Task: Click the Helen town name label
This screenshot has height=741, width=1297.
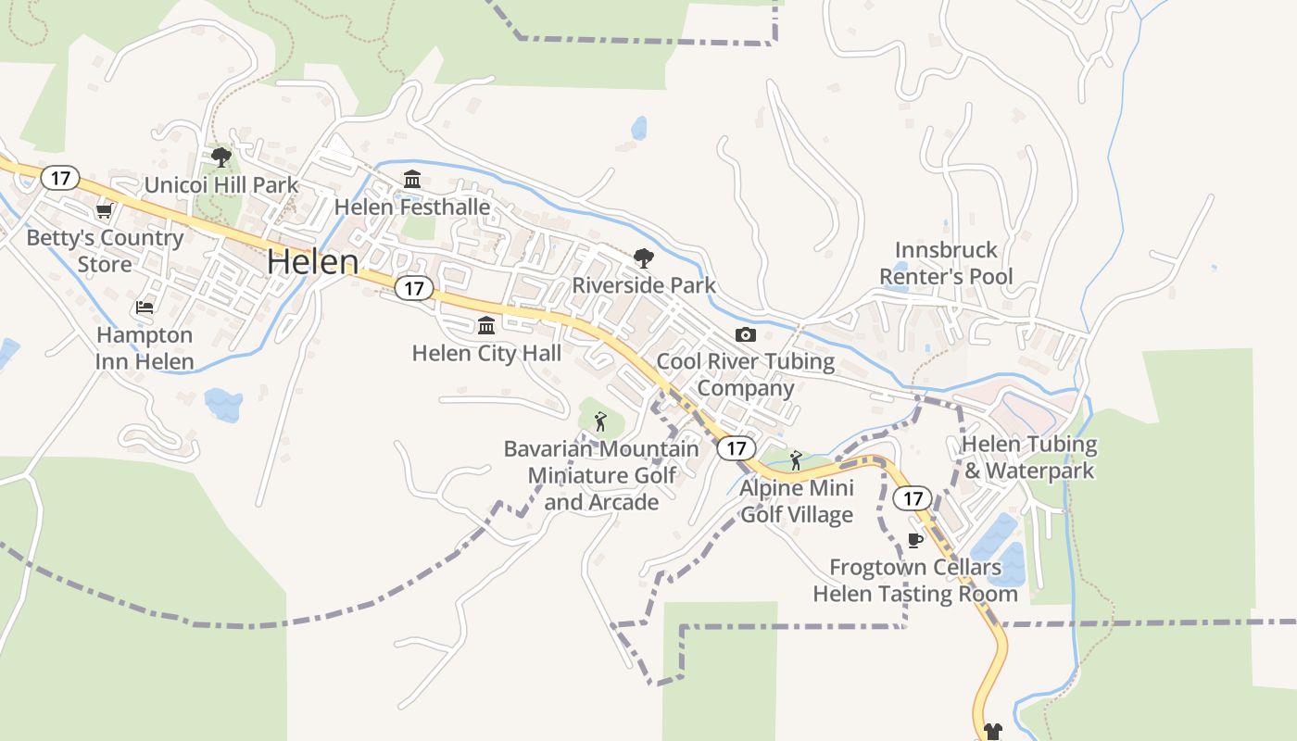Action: tap(312, 262)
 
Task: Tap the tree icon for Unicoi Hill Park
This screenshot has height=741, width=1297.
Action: tap(220, 157)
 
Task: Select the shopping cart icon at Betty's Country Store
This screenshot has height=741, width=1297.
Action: tap(104, 211)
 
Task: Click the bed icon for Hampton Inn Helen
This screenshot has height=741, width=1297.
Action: tap(145, 307)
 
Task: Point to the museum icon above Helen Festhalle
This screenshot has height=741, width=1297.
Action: tap(412, 179)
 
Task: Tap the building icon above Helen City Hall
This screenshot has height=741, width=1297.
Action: tap(486, 325)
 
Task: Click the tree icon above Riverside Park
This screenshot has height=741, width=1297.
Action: tap(643, 258)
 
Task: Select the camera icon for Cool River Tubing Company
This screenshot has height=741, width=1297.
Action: tap(746, 334)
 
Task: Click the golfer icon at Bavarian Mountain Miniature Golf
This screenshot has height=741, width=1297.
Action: tap(600, 421)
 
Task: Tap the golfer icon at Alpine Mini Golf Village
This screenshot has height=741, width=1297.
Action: tap(796, 459)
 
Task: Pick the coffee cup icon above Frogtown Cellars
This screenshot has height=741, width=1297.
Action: tap(914, 540)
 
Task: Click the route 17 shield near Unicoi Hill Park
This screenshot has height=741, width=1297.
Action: tap(60, 178)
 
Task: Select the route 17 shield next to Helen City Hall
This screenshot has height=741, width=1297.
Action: tap(414, 288)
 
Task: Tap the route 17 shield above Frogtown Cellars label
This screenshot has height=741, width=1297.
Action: tap(913, 498)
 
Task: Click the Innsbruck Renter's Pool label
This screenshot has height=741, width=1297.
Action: tap(946, 263)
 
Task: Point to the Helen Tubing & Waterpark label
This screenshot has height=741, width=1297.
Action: tap(1029, 458)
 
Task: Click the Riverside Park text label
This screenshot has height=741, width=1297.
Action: tap(644, 284)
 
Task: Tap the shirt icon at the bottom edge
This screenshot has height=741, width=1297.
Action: tap(993, 732)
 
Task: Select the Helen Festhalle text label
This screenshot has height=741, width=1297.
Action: tap(412, 207)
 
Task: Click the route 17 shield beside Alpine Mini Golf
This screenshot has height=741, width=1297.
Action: tap(736, 448)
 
